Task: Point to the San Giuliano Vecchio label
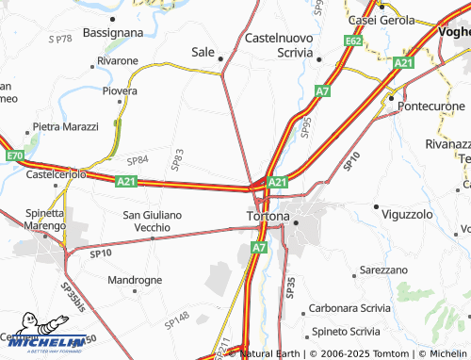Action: coord(153,221)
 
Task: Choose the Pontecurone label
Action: coord(432,106)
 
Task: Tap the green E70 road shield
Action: coord(13,155)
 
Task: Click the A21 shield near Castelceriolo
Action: coord(127,180)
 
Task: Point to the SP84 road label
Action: coord(138,160)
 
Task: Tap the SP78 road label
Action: coord(58,39)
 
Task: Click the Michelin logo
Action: coord(43,343)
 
